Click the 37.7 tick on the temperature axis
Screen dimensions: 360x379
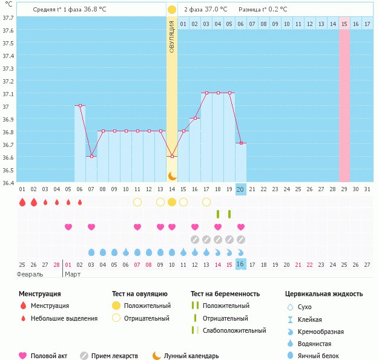tap(8, 18)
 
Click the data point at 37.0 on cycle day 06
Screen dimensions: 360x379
tap(79, 105)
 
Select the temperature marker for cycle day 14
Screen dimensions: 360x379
tap(172, 156)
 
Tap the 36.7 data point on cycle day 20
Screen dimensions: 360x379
tap(240, 143)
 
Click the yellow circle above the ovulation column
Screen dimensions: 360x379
tap(172, 10)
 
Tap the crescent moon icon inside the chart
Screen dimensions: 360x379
tap(172, 175)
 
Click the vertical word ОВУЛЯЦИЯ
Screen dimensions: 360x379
tap(172, 36)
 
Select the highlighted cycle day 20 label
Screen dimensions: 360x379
tap(240, 189)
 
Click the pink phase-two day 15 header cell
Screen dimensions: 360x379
tap(344, 24)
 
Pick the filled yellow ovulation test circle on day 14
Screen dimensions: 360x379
tap(172, 201)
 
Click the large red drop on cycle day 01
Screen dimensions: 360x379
tap(22, 202)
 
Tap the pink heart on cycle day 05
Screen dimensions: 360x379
tap(68, 227)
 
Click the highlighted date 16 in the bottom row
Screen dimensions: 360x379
tap(240, 264)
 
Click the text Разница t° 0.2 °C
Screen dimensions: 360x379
tap(263, 10)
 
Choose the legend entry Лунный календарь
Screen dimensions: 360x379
tap(191, 356)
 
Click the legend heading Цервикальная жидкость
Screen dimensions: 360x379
tap(324, 293)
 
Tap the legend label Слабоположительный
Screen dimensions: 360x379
tap(234, 330)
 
